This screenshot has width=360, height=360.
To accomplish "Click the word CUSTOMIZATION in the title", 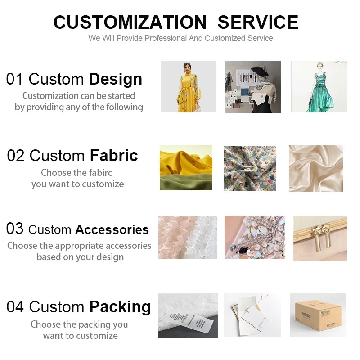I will click(x=130, y=22).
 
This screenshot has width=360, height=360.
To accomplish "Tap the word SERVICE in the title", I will click(x=258, y=22).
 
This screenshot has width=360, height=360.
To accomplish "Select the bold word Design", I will click(x=116, y=79).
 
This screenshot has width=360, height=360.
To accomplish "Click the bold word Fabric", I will click(x=114, y=156).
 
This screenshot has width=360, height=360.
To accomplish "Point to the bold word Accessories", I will click(x=112, y=229).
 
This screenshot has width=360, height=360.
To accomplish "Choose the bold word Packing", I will click(x=120, y=307).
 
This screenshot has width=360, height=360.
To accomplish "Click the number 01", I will click(x=15, y=79).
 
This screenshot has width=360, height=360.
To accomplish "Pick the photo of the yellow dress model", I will click(x=189, y=86).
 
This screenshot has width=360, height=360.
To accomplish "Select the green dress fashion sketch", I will click(x=319, y=86).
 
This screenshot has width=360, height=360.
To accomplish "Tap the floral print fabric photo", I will click(x=250, y=168).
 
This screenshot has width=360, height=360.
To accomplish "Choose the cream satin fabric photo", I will click(x=315, y=168).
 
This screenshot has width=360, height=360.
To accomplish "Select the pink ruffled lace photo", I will click(x=188, y=238).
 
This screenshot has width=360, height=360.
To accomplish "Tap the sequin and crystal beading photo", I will click(x=255, y=238).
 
